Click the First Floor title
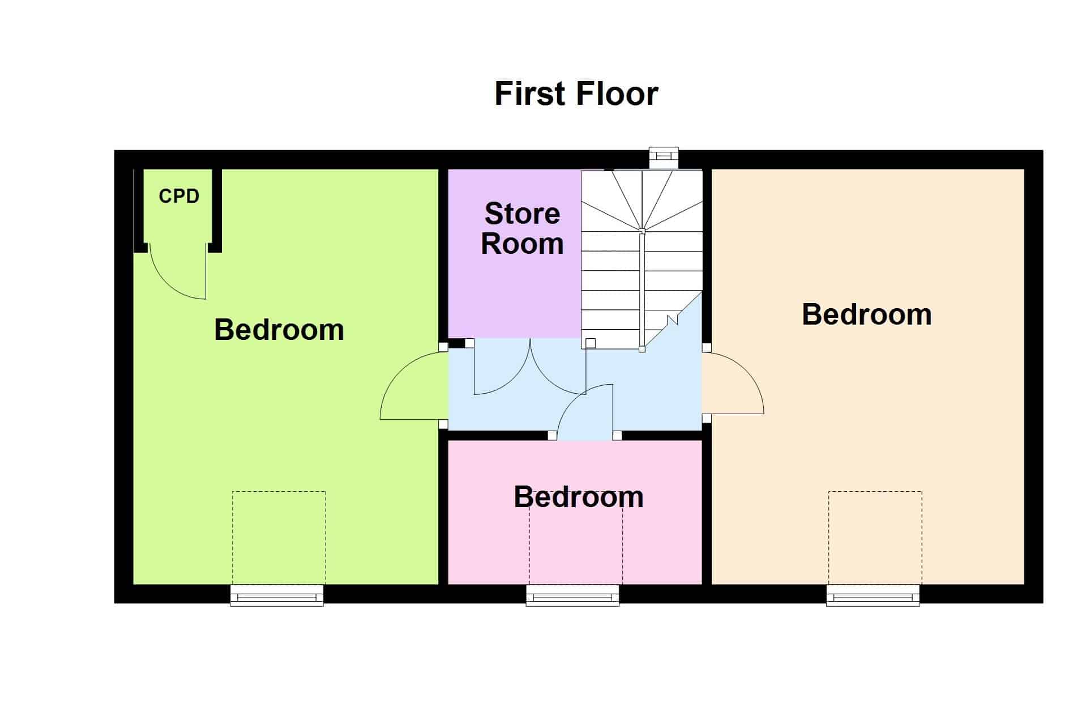click(x=576, y=94)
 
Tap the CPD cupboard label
click(x=179, y=196)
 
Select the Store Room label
click(x=522, y=228)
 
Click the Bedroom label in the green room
click(x=279, y=330)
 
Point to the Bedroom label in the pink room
click(x=579, y=497)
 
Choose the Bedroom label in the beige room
click(x=867, y=314)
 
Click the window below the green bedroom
click(x=277, y=595)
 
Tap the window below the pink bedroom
click(x=572, y=595)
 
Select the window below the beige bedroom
click(x=873, y=595)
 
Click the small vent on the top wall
click(x=664, y=158)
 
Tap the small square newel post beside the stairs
click(x=591, y=343)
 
